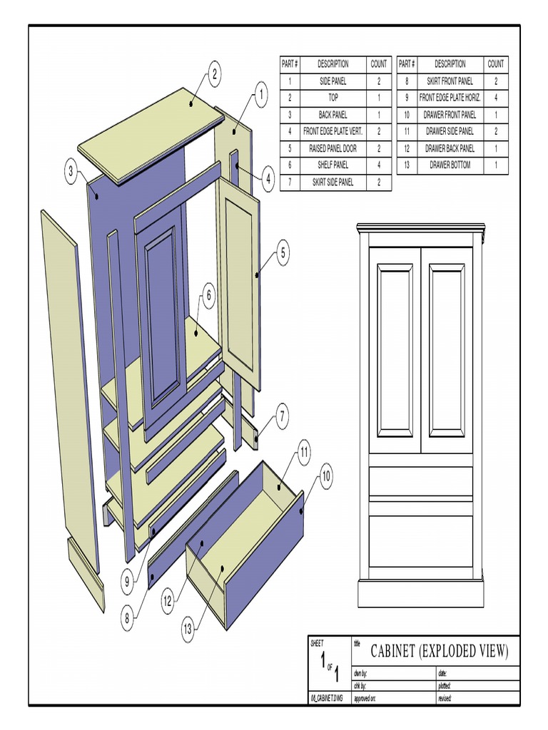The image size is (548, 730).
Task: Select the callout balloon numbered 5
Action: pos(283,252)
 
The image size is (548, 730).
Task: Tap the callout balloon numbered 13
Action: pos(188,629)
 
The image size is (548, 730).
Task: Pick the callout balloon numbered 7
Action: pos(283,415)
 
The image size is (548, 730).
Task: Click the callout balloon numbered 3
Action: pos(71,171)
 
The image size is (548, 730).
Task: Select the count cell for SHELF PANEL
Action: pos(378,165)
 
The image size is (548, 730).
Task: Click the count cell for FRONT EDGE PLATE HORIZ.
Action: pos(495,98)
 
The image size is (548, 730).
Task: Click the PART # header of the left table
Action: pos(290,64)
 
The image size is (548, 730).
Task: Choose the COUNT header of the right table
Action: pos(495,64)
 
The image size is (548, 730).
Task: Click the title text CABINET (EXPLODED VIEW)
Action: pos(440,650)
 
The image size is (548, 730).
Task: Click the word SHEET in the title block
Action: pos(318,643)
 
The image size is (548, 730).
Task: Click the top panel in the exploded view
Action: pos(150,132)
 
